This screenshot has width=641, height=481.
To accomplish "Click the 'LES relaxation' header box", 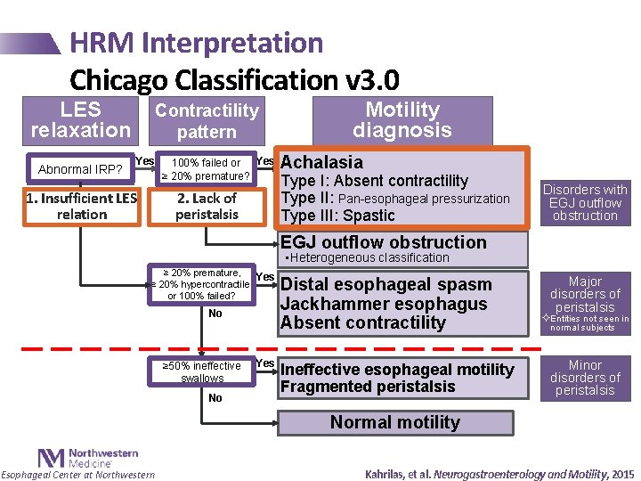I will [x=81, y=120].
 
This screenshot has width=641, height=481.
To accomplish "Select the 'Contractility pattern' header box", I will [x=207, y=120].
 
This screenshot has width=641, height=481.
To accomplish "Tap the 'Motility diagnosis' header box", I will [x=402, y=120].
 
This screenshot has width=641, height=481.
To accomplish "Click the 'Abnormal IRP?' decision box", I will [x=80, y=169].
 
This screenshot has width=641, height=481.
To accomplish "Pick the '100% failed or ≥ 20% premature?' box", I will [x=206, y=169].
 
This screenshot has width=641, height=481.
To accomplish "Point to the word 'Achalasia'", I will [x=321, y=162].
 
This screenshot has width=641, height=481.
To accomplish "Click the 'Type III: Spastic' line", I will [x=337, y=216].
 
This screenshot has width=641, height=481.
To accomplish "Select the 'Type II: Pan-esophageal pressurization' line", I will [x=395, y=198].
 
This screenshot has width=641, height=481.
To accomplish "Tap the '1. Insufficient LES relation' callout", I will [x=81, y=206].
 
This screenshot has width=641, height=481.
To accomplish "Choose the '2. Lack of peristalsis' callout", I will [x=207, y=206].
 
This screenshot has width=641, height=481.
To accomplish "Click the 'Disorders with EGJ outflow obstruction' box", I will [x=585, y=202].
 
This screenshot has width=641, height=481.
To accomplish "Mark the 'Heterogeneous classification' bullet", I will [x=364, y=257].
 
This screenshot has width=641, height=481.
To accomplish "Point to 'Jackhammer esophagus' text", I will [x=384, y=304].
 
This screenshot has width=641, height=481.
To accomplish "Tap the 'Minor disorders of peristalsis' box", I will [x=585, y=378].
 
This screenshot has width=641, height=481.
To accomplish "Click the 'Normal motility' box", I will [x=395, y=422].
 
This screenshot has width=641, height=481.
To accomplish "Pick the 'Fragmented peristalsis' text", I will [x=367, y=387].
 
